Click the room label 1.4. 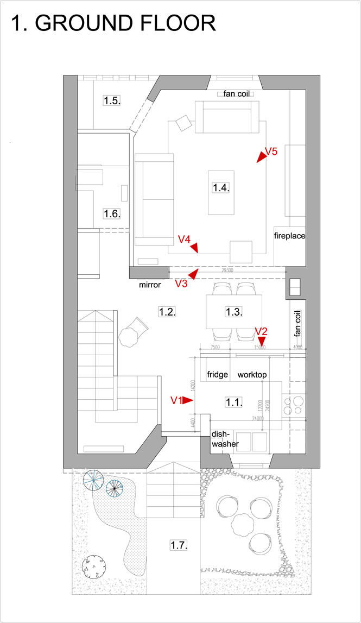click(x=221, y=187)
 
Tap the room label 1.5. click(x=112, y=100)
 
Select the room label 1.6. click(x=112, y=213)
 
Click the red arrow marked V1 click(x=188, y=401)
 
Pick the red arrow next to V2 click(x=261, y=341)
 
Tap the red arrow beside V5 click(x=262, y=158)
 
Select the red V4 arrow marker click(x=194, y=248)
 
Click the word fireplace click(x=289, y=236)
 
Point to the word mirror click(x=150, y=285)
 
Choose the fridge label click(x=217, y=375)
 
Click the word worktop click(x=252, y=375)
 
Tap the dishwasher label click(x=225, y=439)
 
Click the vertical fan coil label click(x=297, y=324)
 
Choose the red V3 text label click(x=181, y=283)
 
